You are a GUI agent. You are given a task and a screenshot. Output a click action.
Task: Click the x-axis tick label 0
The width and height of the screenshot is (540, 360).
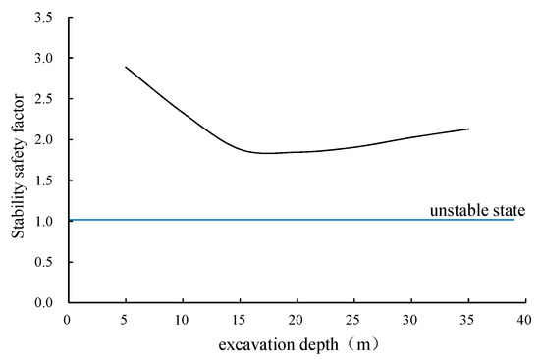(67, 319)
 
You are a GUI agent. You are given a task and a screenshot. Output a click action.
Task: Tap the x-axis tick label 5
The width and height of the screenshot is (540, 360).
(124, 319)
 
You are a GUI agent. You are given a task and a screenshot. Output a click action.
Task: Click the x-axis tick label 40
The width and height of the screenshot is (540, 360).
(524, 319)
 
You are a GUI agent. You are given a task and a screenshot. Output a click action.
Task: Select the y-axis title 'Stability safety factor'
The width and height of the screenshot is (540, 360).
(18, 161)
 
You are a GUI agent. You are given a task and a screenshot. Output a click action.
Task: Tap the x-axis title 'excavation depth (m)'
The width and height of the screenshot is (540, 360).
(295, 343)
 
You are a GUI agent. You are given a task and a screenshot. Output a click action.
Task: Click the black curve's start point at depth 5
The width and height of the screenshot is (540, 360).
(125, 67)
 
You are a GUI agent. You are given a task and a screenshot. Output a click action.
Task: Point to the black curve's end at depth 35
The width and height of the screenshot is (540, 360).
(468, 129)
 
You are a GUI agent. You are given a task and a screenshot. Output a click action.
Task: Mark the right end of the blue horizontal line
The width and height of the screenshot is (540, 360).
(513, 220)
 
